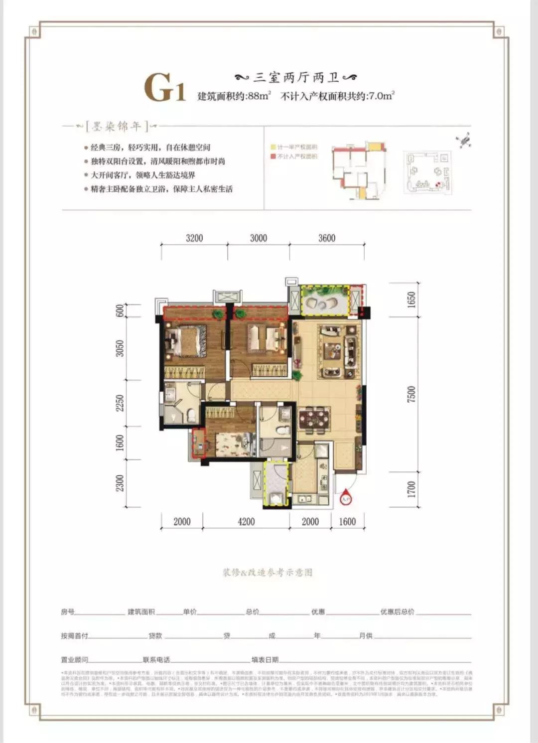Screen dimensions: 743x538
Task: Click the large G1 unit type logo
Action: pyautogui.click(x=165, y=88)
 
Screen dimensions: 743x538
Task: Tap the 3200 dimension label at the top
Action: pyautogui.click(x=194, y=238)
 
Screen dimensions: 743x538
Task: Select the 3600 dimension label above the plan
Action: pyautogui.click(x=327, y=238)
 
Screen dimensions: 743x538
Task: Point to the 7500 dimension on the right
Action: pyautogui.click(x=411, y=394)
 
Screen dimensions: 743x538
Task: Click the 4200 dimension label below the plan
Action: pyautogui.click(x=246, y=522)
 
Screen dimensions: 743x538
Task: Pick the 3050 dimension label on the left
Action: pyautogui.click(x=120, y=348)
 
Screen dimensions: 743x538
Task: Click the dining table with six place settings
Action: pyautogui.click(x=314, y=419)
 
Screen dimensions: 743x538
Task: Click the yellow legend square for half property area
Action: pyautogui.click(x=273, y=147)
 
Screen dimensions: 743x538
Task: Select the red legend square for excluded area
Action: pyautogui.click(x=273, y=156)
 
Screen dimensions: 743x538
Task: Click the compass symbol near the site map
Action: pyautogui.click(x=464, y=140)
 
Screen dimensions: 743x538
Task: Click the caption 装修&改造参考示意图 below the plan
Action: pyautogui.click(x=268, y=573)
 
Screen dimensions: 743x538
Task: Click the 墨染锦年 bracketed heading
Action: pyautogui.click(x=117, y=127)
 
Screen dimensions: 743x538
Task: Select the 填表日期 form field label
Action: pyautogui.click(x=265, y=660)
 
